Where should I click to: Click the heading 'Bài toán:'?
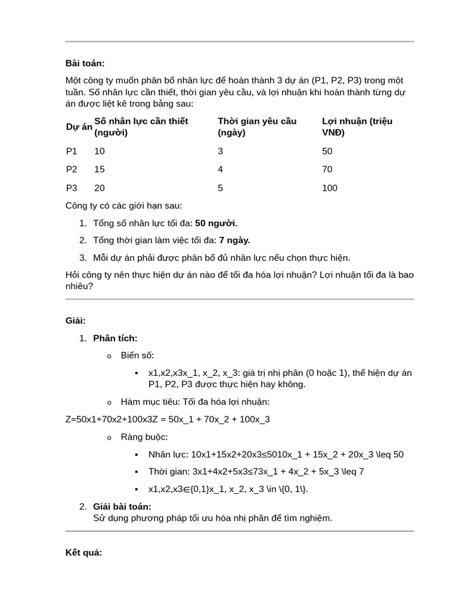(x=85, y=63)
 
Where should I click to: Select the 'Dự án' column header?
(x=79, y=127)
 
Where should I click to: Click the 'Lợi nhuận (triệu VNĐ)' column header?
(x=357, y=127)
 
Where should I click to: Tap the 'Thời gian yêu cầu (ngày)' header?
(x=256, y=127)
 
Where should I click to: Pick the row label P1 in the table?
(x=72, y=151)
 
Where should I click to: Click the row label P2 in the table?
(x=72, y=170)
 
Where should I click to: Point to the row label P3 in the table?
(x=72, y=188)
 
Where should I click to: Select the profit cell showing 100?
(x=329, y=188)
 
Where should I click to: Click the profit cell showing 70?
(x=327, y=170)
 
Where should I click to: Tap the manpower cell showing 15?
(x=99, y=170)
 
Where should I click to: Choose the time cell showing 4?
(x=221, y=170)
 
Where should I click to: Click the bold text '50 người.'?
(x=216, y=223)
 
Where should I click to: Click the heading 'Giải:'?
(x=76, y=321)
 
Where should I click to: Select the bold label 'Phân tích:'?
(x=115, y=338)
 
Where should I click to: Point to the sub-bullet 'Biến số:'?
(x=137, y=356)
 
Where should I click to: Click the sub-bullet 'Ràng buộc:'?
(x=144, y=437)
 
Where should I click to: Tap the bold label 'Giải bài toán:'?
(x=122, y=507)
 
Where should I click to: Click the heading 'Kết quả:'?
(x=83, y=553)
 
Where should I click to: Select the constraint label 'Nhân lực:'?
(x=169, y=455)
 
